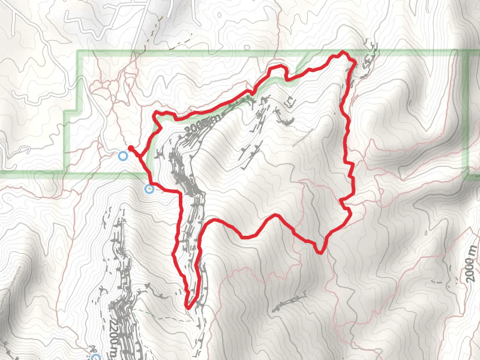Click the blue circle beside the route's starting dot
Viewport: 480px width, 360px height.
click(x=123, y=156)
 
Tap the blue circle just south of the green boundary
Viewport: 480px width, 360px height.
click(x=149, y=190)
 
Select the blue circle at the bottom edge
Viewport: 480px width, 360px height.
click(x=95, y=358)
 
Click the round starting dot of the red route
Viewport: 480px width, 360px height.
click(x=130, y=147)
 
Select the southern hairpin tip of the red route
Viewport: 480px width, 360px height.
click(x=188, y=307)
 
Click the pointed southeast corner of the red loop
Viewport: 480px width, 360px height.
click(x=322, y=251)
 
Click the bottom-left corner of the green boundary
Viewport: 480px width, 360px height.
click(x=66, y=173)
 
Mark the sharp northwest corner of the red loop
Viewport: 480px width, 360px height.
click(x=157, y=113)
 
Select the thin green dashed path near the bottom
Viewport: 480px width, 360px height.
click(x=150, y=313)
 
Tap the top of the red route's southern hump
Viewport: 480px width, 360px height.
click(x=275, y=215)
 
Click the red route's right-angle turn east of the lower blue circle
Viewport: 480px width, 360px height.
click(x=179, y=193)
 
